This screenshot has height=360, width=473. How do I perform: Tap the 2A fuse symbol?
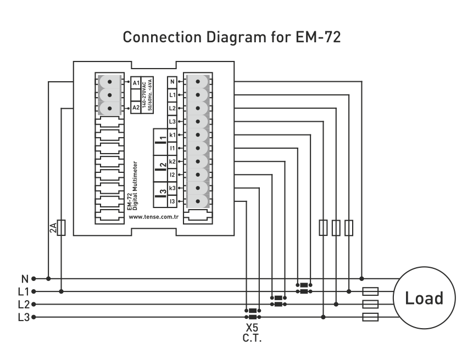tap(62, 227)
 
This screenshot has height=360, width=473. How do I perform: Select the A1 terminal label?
tap(136, 82)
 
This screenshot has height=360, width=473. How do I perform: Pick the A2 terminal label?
tap(136, 108)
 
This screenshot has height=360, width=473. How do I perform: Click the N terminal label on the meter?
tap(172, 82)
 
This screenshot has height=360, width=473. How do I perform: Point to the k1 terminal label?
tap(172, 135)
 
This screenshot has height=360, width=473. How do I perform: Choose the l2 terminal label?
tap(172, 175)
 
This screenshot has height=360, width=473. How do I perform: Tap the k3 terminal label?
tap(172, 188)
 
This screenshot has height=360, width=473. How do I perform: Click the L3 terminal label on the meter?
tap(172, 121)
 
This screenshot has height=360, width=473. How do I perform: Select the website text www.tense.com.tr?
tap(154, 217)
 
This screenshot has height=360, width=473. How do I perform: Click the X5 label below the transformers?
tap(252, 328)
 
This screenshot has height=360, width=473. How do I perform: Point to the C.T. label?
tap(252, 337)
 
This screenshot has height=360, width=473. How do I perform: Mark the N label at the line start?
tap(25, 278)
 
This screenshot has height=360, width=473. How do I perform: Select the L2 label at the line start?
tap(24, 305)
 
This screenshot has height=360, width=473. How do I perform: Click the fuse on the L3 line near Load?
tap(371, 317)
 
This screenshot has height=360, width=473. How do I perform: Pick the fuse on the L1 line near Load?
tap(371, 291)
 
